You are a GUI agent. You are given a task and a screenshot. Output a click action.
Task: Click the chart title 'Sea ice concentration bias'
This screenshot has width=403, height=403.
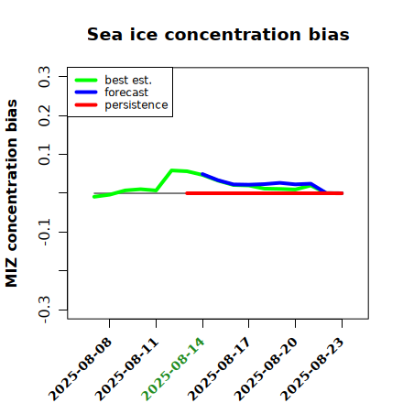(x=218, y=34)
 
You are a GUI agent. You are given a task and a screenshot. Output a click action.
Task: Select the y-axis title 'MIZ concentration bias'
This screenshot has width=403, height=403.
(x=12, y=193)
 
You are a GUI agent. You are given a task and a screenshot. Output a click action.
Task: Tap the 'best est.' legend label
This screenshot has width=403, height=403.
(x=128, y=80)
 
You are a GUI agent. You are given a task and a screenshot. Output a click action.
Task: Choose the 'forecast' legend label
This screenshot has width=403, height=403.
(x=126, y=93)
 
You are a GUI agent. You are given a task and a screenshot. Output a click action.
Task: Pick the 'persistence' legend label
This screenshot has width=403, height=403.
(x=136, y=105)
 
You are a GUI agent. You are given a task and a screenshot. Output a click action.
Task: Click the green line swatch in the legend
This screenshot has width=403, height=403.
(x=86, y=80)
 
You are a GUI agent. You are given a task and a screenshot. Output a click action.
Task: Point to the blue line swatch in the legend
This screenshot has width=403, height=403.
(x=86, y=93)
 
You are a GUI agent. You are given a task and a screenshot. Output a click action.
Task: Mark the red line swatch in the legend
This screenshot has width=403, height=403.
(x=86, y=105)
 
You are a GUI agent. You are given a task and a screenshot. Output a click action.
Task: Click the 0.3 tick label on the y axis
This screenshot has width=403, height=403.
(x=44, y=77)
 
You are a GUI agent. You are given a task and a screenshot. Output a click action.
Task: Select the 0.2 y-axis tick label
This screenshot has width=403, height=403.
(x=44, y=115)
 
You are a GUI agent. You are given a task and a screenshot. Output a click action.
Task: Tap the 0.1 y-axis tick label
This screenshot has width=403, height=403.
(x=44, y=155)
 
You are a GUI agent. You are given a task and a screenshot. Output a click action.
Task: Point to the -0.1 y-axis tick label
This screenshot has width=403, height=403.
(x=44, y=233)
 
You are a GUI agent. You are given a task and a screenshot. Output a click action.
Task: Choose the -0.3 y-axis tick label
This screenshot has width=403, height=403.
(x=44, y=310)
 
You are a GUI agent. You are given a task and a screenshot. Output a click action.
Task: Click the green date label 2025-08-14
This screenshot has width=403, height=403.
(x=173, y=369)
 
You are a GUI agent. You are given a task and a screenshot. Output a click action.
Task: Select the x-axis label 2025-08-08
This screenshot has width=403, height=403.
(x=80, y=369)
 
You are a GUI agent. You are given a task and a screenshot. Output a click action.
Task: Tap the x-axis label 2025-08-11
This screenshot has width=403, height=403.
(x=126, y=369)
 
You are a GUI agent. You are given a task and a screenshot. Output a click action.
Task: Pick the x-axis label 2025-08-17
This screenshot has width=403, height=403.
(x=219, y=369)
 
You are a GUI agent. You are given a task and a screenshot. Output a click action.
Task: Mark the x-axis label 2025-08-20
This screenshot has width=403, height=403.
(x=266, y=369)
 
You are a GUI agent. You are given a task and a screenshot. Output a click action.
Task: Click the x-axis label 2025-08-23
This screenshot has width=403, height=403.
(x=312, y=369)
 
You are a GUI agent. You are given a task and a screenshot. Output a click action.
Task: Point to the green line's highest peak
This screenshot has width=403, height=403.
(x=172, y=170)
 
